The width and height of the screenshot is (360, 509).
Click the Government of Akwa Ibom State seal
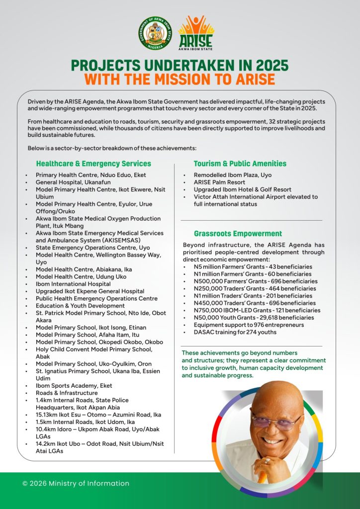(x=155, y=33)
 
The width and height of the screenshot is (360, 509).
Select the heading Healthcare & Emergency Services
(x=93, y=164)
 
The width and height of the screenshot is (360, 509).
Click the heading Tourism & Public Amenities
(x=240, y=164)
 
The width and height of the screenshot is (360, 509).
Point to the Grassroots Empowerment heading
(x=238, y=234)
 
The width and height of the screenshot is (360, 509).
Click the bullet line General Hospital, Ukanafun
(x=70, y=182)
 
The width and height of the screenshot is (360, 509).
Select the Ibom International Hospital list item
(x=73, y=284)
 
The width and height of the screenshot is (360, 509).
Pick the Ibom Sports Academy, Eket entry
(x=74, y=386)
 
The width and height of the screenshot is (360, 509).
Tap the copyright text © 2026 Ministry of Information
(x=76, y=483)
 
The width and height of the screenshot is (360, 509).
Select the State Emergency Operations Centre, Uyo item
(x=92, y=248)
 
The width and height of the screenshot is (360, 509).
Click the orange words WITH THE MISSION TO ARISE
(x=180, y=79)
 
